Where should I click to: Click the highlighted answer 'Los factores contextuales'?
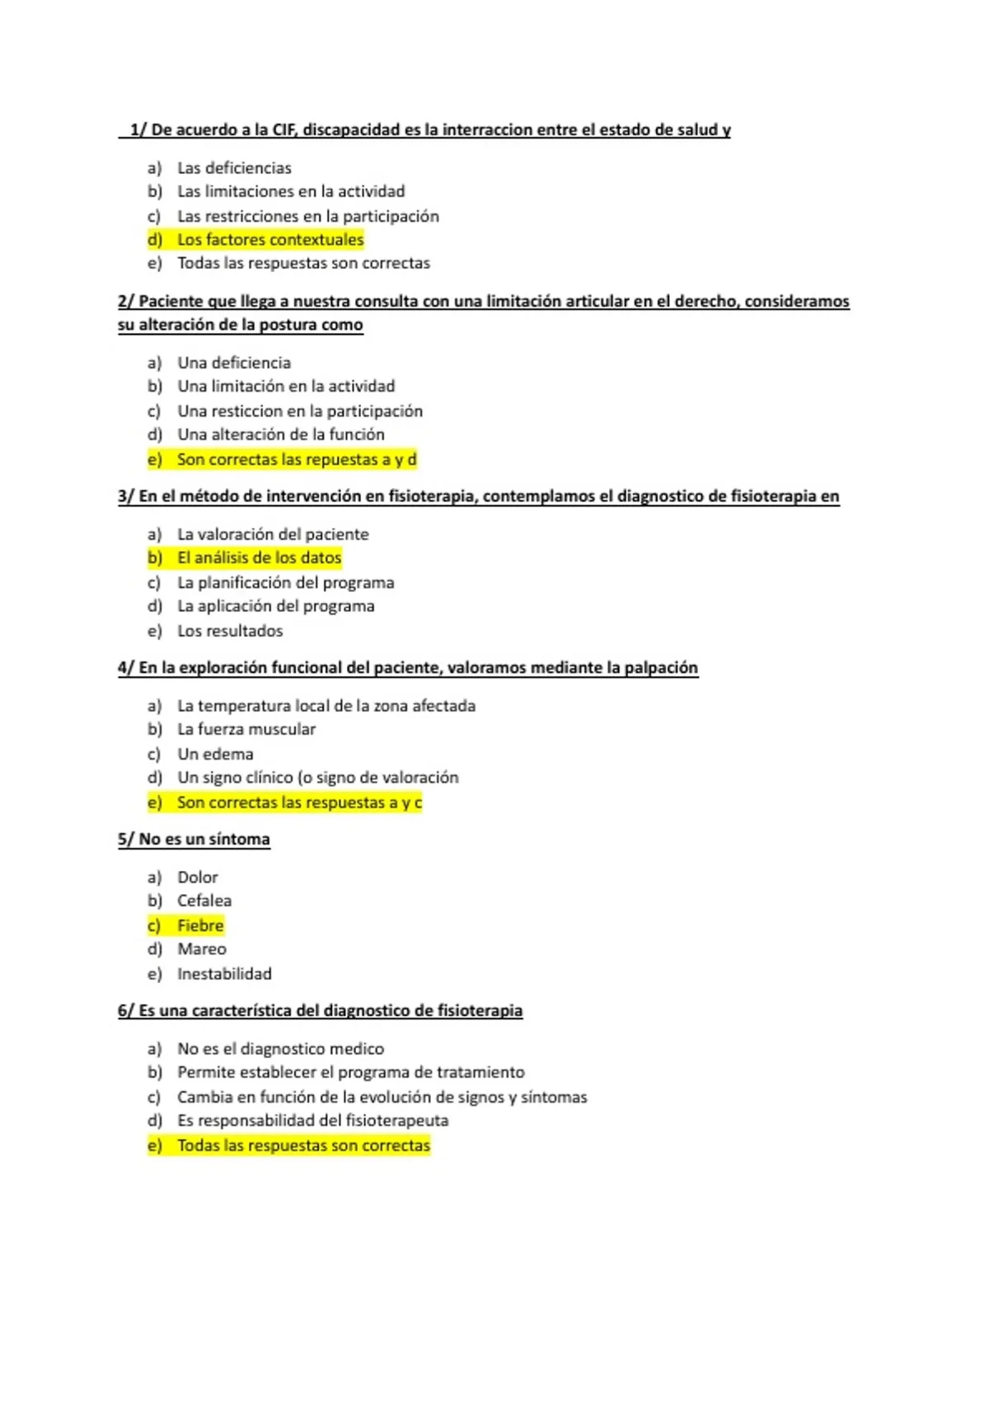(x=270, y=240)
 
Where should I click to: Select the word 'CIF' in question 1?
(x=285, y=130)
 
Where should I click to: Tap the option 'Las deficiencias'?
(x=234, y=168)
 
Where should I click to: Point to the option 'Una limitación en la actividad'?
(x=286, y=386)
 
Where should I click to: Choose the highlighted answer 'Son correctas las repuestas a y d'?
(x=296, y=459)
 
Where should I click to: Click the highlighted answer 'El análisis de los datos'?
(x=259, y=558)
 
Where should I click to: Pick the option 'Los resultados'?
(x=230, y=631)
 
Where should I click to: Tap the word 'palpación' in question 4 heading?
(x=660, y=668)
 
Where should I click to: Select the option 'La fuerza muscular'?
(x=246, y=729)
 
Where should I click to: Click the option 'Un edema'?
(x=215, y=754)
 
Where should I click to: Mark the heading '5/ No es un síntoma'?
(x=194, y=840)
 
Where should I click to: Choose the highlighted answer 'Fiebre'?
(x=200, y=925)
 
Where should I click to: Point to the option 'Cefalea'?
(x=204, y=901)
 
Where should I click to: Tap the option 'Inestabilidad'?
(x=224, y=974)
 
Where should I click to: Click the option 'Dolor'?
(x=198, y=877)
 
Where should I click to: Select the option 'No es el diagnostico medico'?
(x=280, y=1049)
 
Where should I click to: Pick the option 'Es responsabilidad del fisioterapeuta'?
(x=312, y=1121)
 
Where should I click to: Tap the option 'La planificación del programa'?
(x=285, y=583)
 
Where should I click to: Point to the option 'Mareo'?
(x=201, y=949)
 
